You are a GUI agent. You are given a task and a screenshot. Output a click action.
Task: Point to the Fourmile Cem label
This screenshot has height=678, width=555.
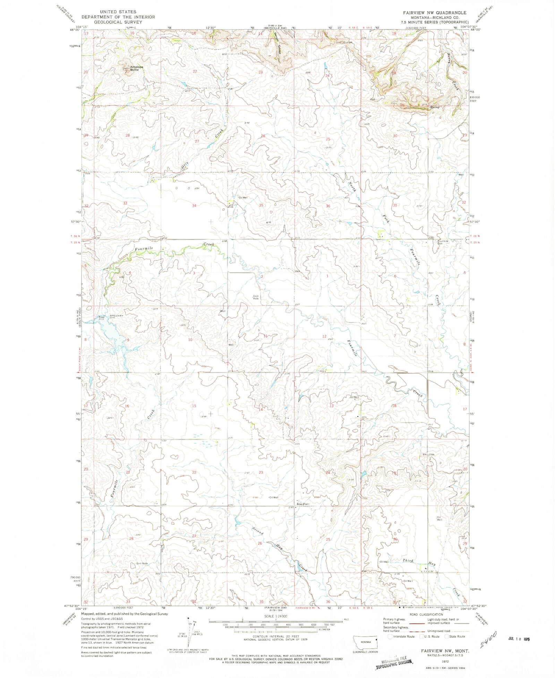point(443,242)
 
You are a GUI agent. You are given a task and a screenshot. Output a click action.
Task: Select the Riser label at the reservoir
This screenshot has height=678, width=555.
point(101,317)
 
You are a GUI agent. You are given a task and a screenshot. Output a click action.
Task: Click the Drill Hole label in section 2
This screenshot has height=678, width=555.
point(256,297)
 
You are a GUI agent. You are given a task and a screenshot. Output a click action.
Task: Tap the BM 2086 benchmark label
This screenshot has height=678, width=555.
point(428,455)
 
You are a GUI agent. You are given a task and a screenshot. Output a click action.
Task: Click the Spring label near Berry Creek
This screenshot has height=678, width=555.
point(435,107)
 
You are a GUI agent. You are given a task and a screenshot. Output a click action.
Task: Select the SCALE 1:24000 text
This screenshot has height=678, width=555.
point(276,616)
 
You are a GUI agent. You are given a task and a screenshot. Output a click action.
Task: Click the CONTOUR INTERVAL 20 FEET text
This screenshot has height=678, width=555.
point(276,637)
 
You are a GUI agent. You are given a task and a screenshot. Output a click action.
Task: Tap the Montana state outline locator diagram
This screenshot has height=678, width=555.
point(365,642)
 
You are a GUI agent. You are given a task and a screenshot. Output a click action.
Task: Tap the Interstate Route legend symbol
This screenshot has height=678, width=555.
point(390,636)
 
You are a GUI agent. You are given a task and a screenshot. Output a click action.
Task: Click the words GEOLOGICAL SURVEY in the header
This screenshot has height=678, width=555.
point(118,22)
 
